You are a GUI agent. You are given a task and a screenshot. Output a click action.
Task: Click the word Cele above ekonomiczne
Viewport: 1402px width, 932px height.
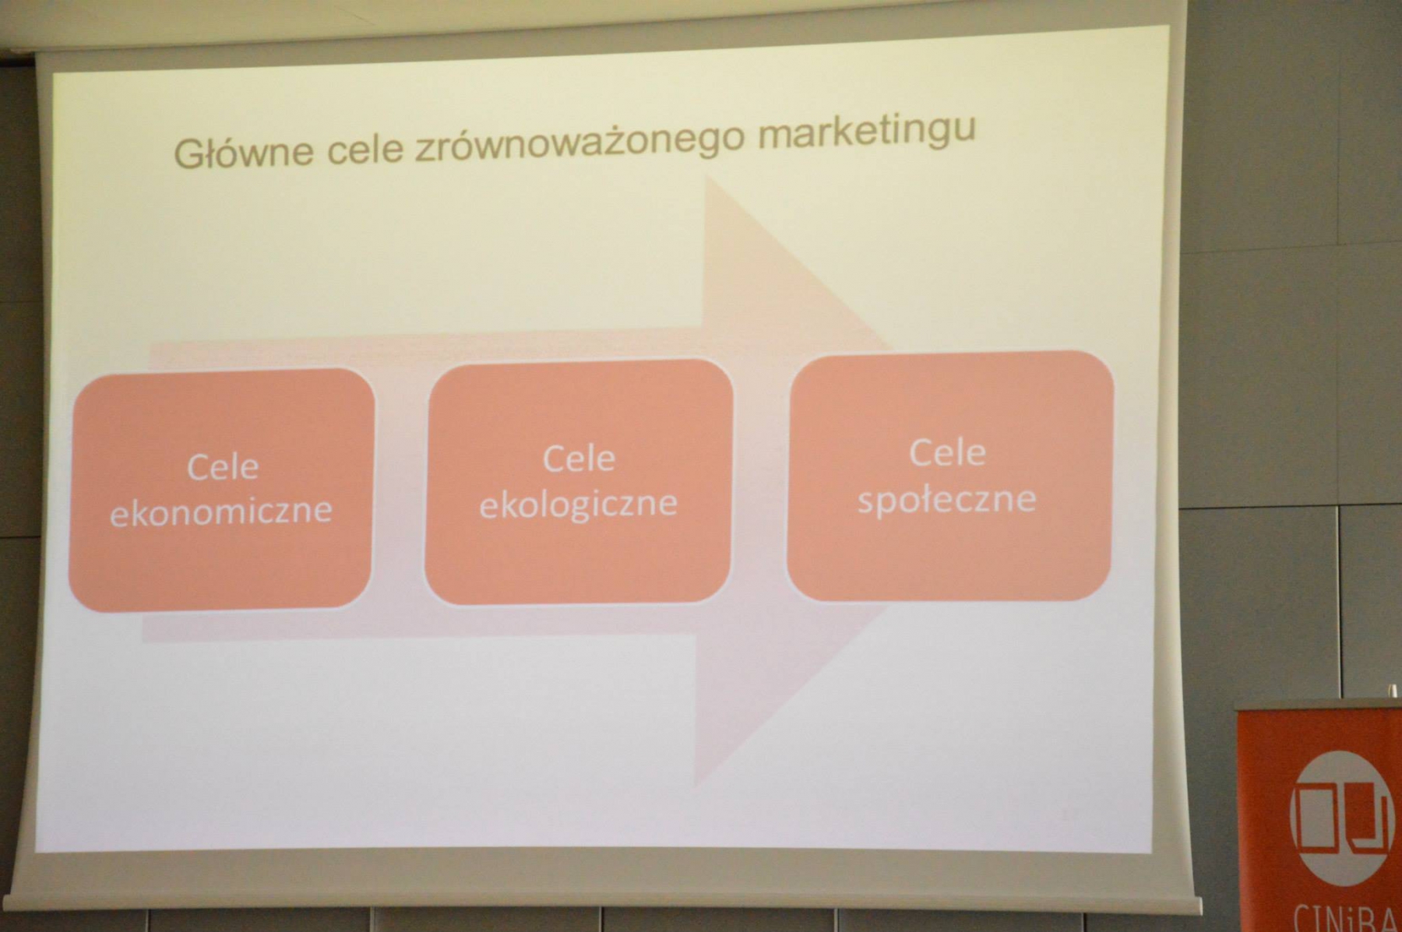[223, 467]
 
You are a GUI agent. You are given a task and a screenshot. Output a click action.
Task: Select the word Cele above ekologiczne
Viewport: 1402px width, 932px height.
[579, 459]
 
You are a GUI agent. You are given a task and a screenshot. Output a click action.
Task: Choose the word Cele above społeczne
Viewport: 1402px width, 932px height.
[948, 452]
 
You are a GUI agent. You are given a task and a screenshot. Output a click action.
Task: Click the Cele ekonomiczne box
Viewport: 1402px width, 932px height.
[222, 490]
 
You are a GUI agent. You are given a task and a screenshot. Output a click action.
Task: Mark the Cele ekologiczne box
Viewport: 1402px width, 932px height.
[579, 481]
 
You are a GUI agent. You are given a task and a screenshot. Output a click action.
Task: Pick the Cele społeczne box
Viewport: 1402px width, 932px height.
[950, 476]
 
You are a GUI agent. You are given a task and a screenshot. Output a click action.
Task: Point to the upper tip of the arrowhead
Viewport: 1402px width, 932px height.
[706, 176]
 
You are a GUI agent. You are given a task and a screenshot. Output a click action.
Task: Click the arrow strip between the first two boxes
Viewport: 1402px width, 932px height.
[400, 487]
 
